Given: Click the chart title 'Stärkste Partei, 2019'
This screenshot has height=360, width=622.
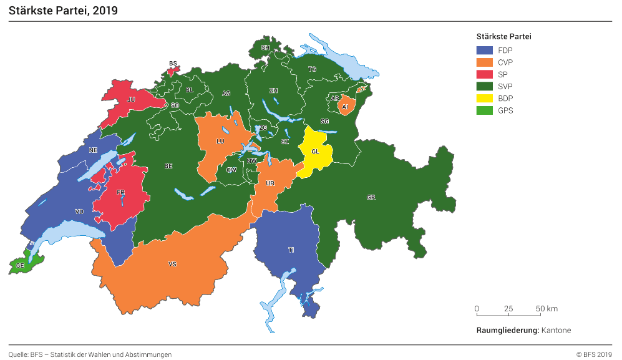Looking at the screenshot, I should coord(63,11).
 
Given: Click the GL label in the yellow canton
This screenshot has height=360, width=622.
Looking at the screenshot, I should coord(315,152).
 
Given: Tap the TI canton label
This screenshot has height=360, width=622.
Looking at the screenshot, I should coord(291,250).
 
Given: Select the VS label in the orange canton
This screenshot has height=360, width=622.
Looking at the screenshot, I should coord(173,265).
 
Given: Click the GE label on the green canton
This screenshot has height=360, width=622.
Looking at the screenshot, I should coord(21,266).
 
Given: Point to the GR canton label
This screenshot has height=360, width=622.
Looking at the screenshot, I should coord(371,197).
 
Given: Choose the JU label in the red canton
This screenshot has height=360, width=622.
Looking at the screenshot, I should coord(131,99).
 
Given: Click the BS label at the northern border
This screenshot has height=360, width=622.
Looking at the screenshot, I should coord(173,64).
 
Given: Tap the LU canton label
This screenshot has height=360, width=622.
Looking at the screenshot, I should coord(220,142).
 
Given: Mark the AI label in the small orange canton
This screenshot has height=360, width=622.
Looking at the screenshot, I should coord(345,107).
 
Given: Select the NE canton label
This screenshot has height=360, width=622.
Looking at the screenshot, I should coord(93,150).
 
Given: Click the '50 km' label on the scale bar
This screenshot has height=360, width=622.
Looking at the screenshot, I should coord(547,309).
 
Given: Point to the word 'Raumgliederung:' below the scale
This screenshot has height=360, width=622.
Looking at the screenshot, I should coord(507,330).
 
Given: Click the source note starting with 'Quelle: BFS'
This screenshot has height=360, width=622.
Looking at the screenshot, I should coord(90,354).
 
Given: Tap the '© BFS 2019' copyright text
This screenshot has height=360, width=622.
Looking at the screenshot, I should coord(594,354).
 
